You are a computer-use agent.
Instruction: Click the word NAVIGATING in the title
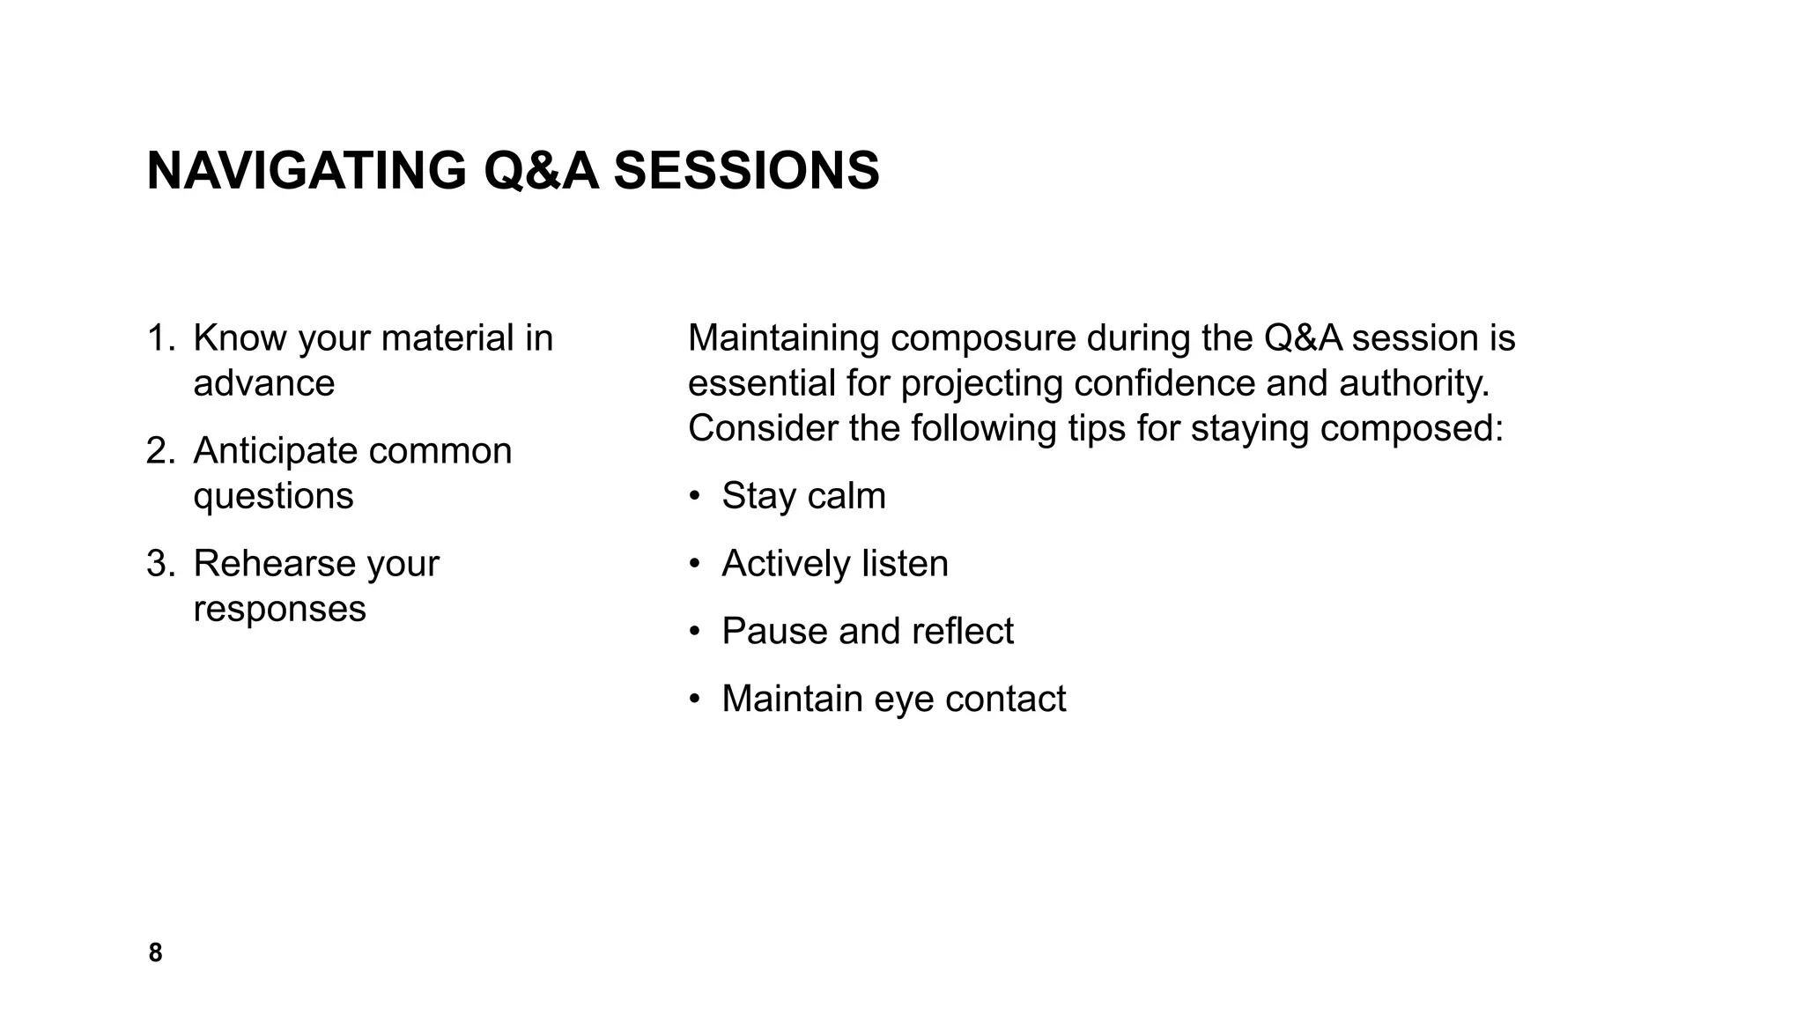click(306, 170)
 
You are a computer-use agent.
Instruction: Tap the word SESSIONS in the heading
click(746, 170)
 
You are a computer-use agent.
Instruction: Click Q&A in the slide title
click(541, 170)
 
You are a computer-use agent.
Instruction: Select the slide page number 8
click(155, 952)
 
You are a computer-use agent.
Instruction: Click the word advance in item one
click(263, 384)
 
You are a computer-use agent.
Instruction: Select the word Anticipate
click(275, 451)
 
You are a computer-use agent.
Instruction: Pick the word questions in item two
click(273, 497)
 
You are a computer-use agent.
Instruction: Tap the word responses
click(279, 609)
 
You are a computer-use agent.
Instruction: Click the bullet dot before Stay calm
click(695, 496)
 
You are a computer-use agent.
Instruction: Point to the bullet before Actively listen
click(695, 564)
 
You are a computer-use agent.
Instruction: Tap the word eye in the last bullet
click(904, 700)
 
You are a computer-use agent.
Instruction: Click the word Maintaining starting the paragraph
click(783, 339)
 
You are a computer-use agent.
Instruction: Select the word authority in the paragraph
click(1410, 384)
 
